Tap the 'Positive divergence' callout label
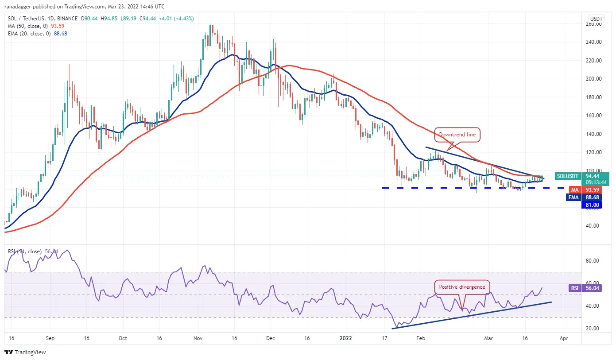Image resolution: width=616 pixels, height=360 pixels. pyautogui.click(x=462, y=287)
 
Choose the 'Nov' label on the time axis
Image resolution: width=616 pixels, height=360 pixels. pyautogui.click(x=198, y=338)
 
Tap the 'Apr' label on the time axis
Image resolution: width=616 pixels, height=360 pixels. pyautogui.click(x=563, y=338)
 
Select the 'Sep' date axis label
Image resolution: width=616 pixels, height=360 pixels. pyautogui.click(x=50, y=338)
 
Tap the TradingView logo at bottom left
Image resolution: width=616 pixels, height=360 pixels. pyautogui.click(x=26, y=352)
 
